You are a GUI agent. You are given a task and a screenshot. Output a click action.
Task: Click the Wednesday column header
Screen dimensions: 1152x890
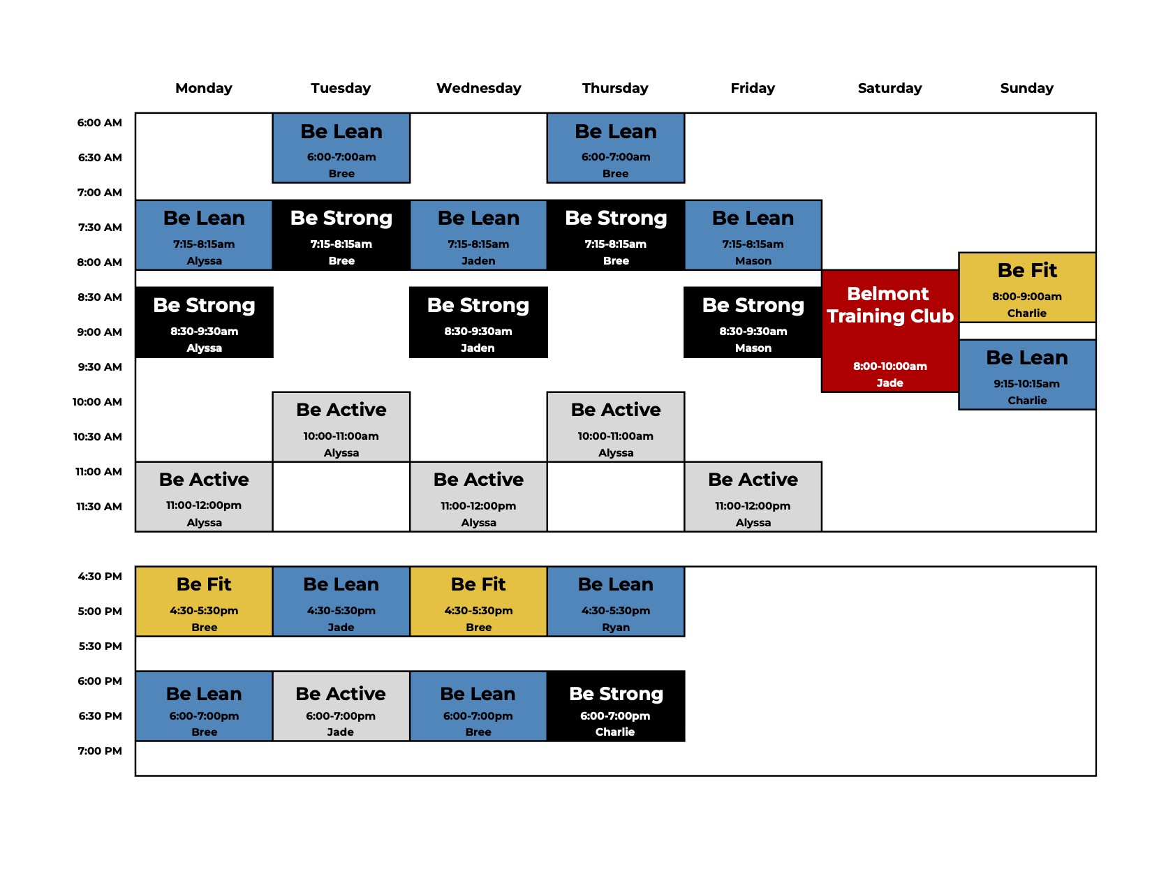click(x=478, y=88)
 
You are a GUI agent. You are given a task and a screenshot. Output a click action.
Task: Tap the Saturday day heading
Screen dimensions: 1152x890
click(x=889, y=88)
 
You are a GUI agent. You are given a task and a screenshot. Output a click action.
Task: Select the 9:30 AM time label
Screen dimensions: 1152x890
click(x=100, y=366)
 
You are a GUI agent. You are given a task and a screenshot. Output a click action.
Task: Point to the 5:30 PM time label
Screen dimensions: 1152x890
click(x=100, y=646)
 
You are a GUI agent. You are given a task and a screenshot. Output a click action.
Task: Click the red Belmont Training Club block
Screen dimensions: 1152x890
click(x=889, y=332)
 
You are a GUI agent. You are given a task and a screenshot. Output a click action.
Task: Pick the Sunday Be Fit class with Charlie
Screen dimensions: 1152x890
click(x=1027, y=288)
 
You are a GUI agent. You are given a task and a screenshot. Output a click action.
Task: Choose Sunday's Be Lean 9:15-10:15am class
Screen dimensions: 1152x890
click(x=1027, y=375)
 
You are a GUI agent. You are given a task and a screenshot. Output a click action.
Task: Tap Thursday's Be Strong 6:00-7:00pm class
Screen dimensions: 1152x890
click(x=616, y=706)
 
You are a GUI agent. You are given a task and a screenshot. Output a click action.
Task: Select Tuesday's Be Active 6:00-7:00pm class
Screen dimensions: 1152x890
click(x=341, y=706)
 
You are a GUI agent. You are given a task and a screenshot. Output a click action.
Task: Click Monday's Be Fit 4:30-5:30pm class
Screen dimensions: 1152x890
click(x=204, y=602)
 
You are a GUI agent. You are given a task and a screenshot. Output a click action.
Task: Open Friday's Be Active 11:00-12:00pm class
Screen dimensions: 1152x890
click(x=753, y=497)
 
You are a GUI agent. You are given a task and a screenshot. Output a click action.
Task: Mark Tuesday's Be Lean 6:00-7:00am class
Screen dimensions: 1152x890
click(x=341, y=148)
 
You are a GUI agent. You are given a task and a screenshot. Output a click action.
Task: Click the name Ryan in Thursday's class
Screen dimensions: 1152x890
click(x=616, y=627)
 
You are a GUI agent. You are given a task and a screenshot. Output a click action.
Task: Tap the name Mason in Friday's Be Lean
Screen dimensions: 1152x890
click(x=753, y=261)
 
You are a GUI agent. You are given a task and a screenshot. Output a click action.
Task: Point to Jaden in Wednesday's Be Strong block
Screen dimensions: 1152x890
click(x=478, y=348)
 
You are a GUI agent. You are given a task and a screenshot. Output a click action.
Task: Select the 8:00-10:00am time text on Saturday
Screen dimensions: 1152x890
click(x=889, y=366)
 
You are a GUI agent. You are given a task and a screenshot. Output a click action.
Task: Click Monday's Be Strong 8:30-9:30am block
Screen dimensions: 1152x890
click(x=204, y=322)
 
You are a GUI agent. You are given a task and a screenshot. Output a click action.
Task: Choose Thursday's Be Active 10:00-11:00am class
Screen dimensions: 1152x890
click(x=616, y=427)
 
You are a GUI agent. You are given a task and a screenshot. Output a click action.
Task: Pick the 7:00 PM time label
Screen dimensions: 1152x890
click(x=100, y=751)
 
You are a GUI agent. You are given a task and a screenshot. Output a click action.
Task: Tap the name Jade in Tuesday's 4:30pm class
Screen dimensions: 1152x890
click(x=341, y=627)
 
